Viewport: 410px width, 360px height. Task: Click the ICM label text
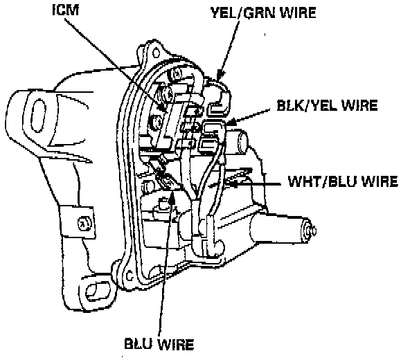coord(66,10)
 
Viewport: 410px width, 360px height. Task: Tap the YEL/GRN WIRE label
coord(263,12)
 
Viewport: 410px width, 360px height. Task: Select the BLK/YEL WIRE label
coord(327,105)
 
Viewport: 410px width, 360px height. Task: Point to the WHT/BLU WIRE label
coord(343,181)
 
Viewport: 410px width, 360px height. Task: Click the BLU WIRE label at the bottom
coord(159,344)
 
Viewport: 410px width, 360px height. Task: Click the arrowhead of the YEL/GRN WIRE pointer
coord(220,75)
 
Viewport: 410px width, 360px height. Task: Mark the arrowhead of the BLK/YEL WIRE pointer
coord(230,122)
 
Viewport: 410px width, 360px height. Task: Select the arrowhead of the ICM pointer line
coord(163,109)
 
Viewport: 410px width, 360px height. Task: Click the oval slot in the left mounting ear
coord(39,116)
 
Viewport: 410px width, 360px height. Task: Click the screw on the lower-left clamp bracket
coord(84,224)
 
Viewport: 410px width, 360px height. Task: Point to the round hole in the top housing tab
coord(156,53)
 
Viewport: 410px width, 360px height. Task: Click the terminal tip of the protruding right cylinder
coord(311,231)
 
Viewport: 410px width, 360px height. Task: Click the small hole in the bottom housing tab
coord(130,276)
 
